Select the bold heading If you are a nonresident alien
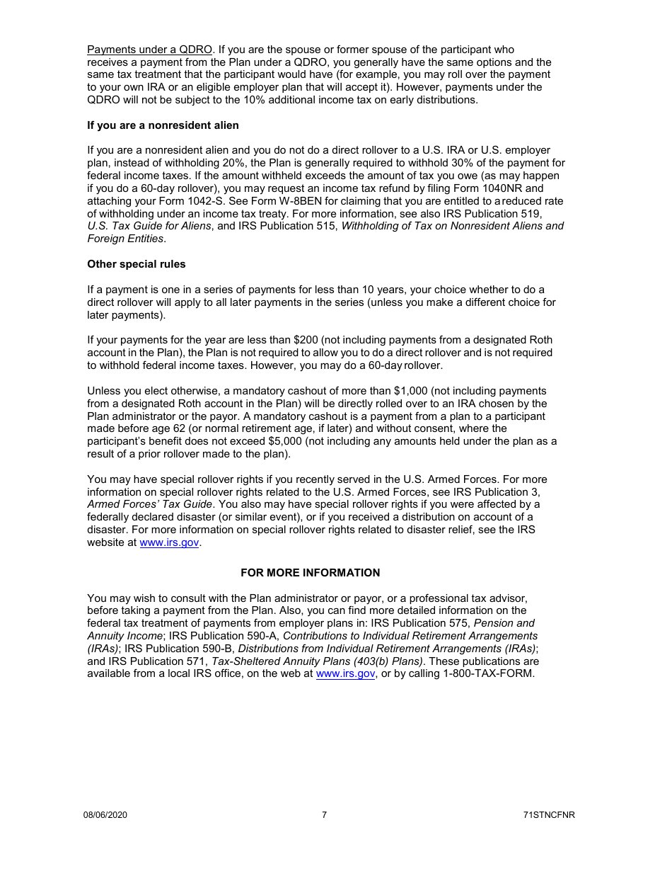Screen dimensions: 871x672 pyautogui.click(x=163, y=125)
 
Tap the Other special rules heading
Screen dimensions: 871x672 pyautogui.click(x=136, y=264)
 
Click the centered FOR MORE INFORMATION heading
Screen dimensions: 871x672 pyautogui.click(x=310, y=572)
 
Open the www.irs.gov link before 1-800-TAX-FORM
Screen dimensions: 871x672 pyautogui.click(x=345, y=673)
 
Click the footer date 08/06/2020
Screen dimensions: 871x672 pyautogui.click(x=105, y=815)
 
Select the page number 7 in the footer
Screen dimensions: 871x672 pyautogui.click(x=325, y=815)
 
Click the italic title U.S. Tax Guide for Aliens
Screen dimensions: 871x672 pyautogui.click(x=149, y=226)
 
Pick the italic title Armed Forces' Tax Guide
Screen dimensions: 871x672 pyautogui.click(x=149, y=504)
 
